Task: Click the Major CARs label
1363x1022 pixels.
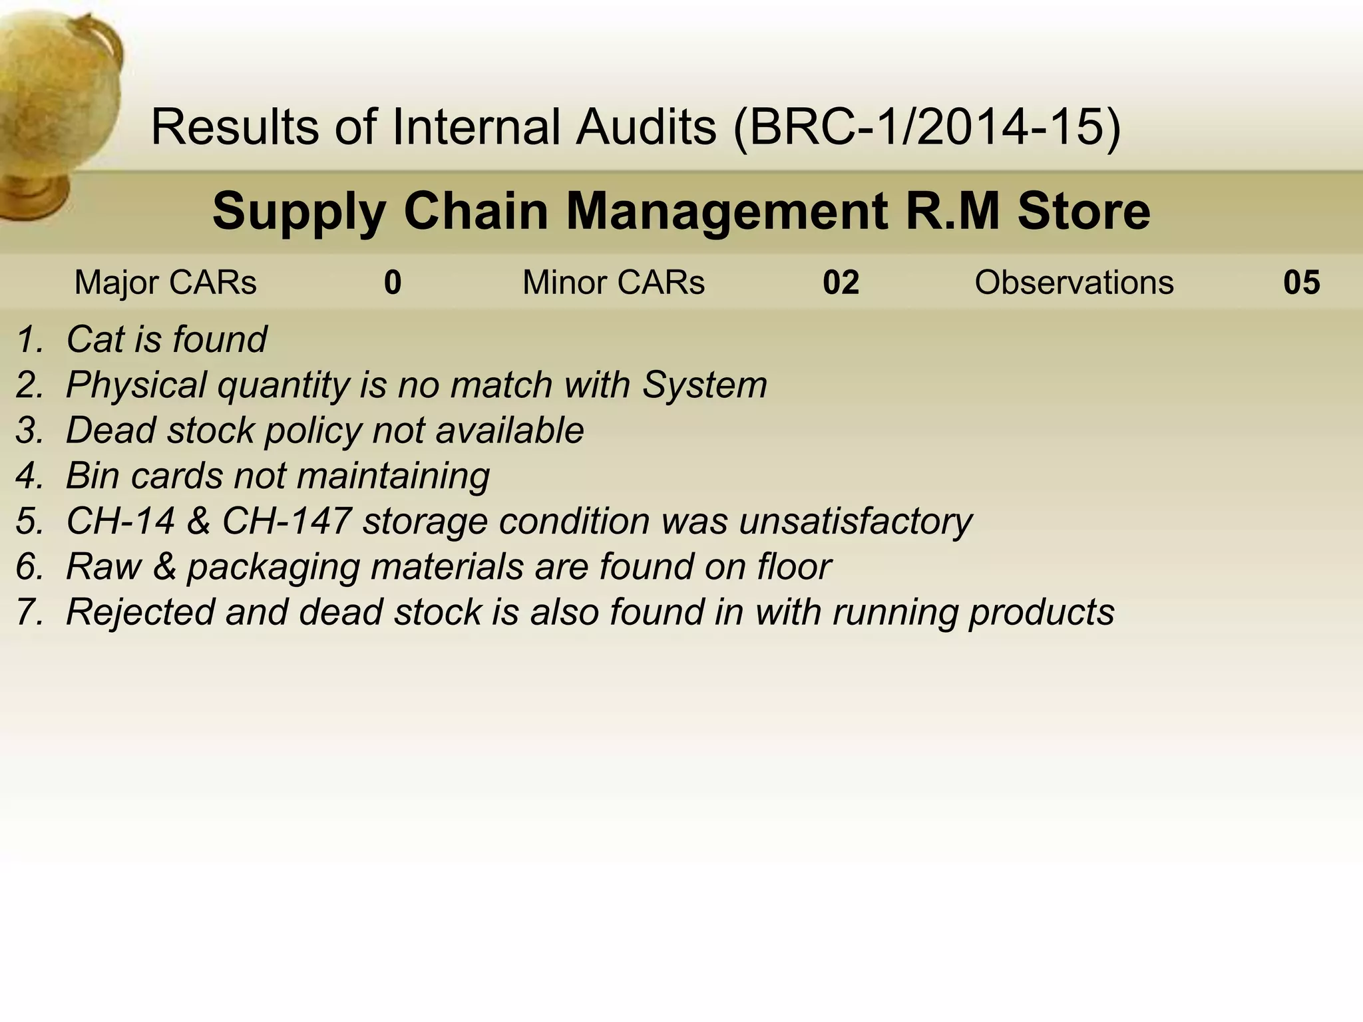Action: coord(165,282)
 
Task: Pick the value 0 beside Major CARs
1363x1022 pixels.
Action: coord(393,282)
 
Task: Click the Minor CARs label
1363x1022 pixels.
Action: coord(613,282)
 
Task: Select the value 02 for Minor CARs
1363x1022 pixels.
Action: coord(841,282)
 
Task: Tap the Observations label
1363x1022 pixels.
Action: coord(1073,282)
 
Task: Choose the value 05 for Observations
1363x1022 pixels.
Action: coord(1301,282)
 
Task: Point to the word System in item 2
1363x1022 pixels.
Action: coord(704,385)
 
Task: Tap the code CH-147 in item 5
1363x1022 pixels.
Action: coord(286,521)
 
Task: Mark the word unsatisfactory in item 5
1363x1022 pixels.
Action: coord(855,521)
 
